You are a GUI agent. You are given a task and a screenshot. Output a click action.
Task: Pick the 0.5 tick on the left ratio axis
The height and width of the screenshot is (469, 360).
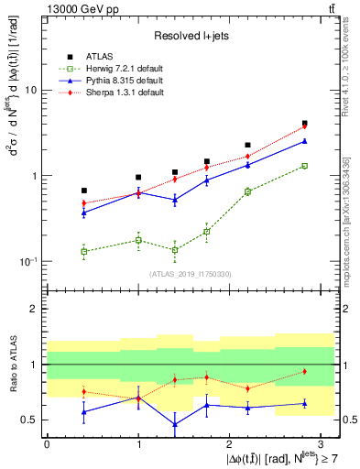click(x=30, y=420)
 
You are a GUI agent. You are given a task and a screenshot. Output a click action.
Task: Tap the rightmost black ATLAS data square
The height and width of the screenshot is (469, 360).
click(x=304, y=123)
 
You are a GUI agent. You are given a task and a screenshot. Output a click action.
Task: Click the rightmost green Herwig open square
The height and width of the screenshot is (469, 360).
click(x=304, y=166)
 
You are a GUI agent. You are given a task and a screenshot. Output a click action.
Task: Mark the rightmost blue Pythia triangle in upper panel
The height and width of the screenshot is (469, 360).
click(x=304, y=141)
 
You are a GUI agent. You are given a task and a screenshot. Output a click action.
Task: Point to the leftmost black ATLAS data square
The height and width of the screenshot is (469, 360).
click(x=83, y=191)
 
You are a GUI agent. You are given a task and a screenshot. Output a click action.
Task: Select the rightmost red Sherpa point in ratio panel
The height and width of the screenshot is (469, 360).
click(x=304, y=371)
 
